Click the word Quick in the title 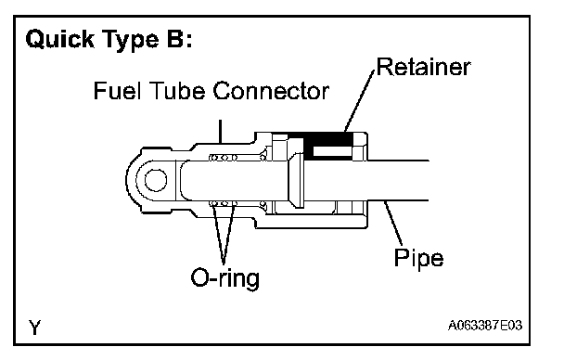pos(59,39)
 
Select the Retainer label pos(423,67)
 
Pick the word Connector pos(271,91)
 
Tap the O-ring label pos(224,277)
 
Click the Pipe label pos(418,258)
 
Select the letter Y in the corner pos(35,327)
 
